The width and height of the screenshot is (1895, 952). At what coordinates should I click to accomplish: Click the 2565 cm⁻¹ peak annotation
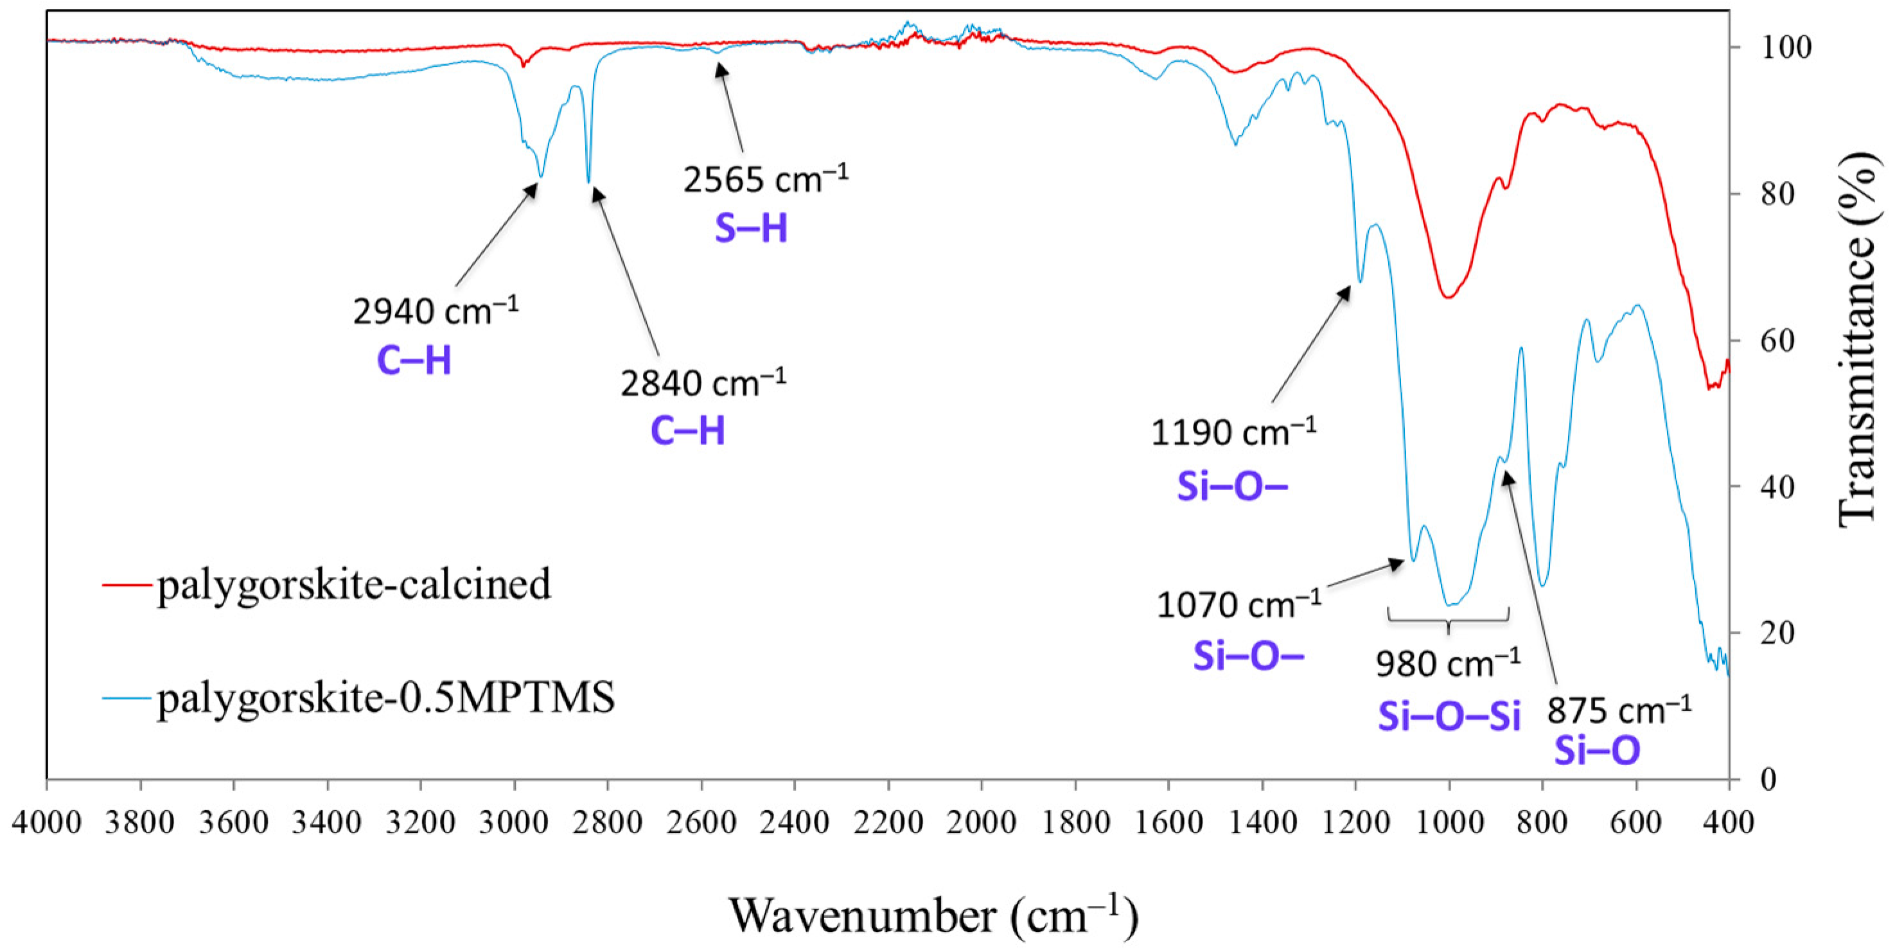pyautogui.click(x=765, y=179)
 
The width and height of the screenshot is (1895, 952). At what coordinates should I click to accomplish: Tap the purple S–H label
pyautogui.click(x=751, y=229)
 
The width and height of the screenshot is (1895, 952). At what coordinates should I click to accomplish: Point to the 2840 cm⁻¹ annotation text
pyautogui.click(x=703, y=383)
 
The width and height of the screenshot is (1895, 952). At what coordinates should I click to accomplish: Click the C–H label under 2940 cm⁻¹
pyautogui.click(x=414, y=361)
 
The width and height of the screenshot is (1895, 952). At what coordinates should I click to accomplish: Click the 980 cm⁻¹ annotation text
pyautogui.click(x=1448, y=664)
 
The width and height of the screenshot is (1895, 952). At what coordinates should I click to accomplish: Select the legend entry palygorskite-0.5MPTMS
pyautogui.click(x=385, y=698)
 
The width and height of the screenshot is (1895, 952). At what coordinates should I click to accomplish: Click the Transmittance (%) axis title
pyautogui.click(x=1858, y=339)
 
